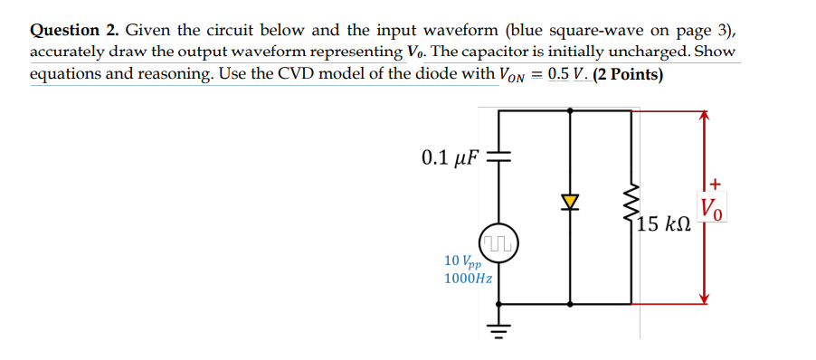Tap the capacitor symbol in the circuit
499,158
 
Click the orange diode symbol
570,199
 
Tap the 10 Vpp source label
462,261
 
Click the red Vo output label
712,210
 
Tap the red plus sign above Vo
713,184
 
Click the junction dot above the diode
570,110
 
